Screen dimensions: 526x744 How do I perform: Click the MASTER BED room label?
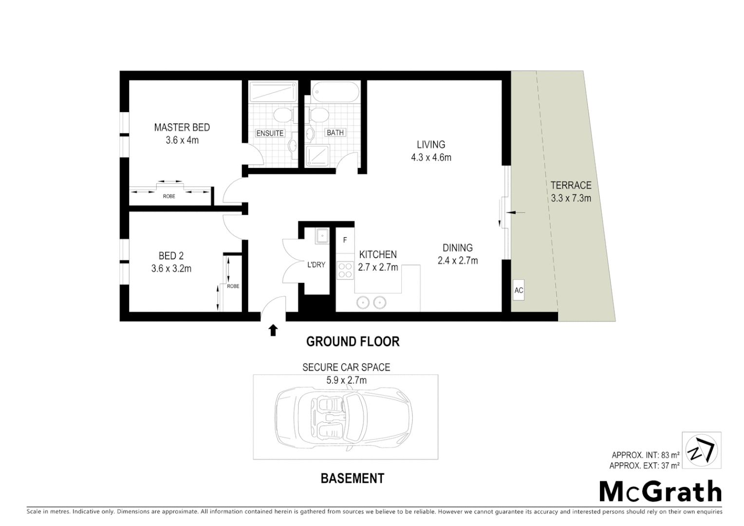click(182, 128)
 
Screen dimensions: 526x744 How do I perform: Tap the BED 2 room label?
click(171, 256)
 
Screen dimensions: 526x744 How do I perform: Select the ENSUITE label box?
click(270, 133)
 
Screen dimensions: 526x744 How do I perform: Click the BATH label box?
click(335, 132)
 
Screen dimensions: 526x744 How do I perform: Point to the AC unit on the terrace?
click(519, 290)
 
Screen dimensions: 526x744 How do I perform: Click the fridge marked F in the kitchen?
click(345, 240)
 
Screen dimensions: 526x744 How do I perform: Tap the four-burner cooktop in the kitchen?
click(345, 270)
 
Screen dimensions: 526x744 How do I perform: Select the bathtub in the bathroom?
click(335, 91)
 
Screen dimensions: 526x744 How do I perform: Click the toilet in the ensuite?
click(282, 115)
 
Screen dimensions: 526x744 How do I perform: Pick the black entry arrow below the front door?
click(273, 331)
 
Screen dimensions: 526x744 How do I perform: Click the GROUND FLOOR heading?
click(353, 342)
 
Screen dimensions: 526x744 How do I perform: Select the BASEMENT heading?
click(352, 479)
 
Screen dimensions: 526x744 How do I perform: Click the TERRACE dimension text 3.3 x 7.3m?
click(571, 198)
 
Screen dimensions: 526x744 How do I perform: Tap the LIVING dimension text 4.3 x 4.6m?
click(431, 157)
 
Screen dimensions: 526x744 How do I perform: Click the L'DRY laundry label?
click(316, 265)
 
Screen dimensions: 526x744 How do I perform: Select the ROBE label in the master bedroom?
click(169, 196)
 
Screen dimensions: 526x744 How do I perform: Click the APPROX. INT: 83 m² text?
click(646, 455)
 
